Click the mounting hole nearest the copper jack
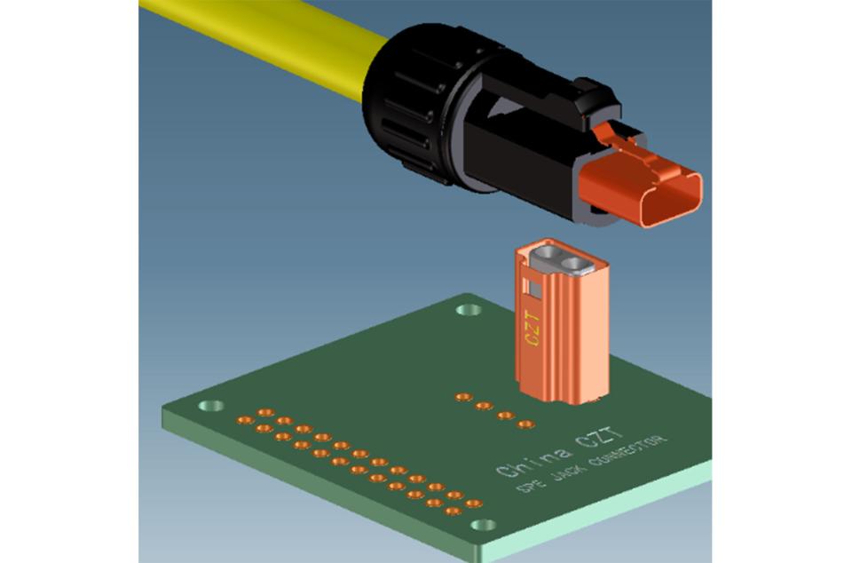(x=468, y=311)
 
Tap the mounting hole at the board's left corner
(x=210, y=407)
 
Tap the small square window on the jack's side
(x=533, y=287)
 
